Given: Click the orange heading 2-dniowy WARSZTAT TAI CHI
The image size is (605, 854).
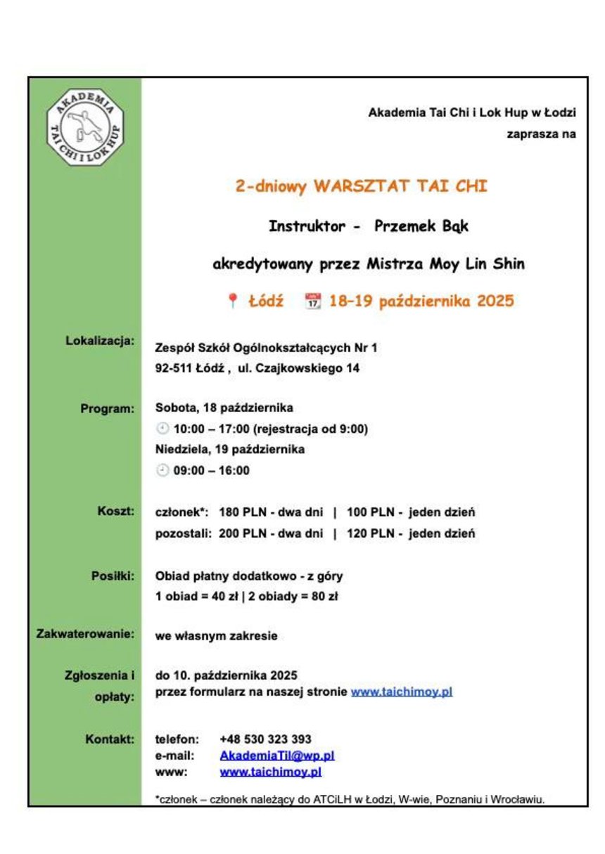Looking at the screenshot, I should tap(361, 186).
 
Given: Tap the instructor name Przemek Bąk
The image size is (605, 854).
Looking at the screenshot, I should tap(421, 226).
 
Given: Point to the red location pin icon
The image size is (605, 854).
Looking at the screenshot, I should tap(232, 302).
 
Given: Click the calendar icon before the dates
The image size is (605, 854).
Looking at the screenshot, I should tap(312, 302).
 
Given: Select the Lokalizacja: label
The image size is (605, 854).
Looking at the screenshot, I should tap(99, 342).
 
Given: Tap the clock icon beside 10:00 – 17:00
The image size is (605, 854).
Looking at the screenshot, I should tap(163, 429).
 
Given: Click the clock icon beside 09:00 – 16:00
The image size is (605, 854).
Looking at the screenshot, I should tap(163, 471).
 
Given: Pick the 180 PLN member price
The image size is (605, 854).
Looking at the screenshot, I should tap(241, 512).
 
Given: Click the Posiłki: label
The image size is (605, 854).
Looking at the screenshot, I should tap(113, 575).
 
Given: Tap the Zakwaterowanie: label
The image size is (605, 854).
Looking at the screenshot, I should tap(85, 635).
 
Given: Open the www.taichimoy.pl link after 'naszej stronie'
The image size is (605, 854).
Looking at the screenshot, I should tap(401, 692).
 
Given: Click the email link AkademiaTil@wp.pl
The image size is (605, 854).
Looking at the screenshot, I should tap(276, 756).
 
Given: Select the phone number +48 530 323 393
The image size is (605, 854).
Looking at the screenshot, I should tap(265, 739).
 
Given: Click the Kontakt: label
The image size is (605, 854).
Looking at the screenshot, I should tap(110, 739).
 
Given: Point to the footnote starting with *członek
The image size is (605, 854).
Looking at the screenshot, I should tap(350, 798).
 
